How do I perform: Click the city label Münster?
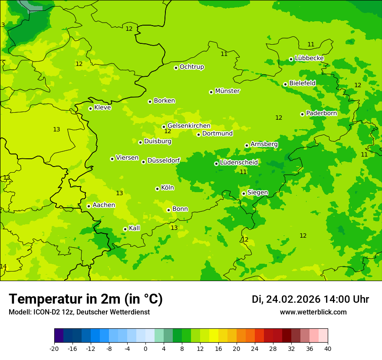pyautogui.click(x=227, y=91)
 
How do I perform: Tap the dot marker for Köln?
pyautogui.click(x=157, y=189)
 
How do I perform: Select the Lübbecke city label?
pyautogui.click(x=309, y=58)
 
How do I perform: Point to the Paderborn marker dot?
pyautogui.click(x=302, y=114)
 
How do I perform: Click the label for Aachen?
pyautogui.click(x=104, y=205)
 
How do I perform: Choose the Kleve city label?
pyautogui.click(x=102, y=108)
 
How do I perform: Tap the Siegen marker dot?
pyautogui.click(x=244, y=193)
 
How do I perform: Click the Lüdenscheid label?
pyautogui.click(x=239, y=163)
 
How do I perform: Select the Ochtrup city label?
pyautogui.click(x=191, y=67)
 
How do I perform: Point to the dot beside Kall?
pyautogui.click(x=125, y=229)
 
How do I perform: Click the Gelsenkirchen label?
pyautogui.click(x=189, y=126)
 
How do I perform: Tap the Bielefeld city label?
pyautogui.click(x=302, y=83)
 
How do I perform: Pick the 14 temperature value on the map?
pyautogui.click(x=3, y=266)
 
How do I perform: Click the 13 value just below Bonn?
pyautogui.click(x=174, y=228)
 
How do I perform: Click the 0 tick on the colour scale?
pyautogui.click(x=145, y=348)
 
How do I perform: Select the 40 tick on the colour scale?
pyautogui.click(x=327, y=348)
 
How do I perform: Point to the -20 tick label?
pyautogui.click(x=54, y=348)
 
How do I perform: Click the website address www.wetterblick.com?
pyautogui.click(x=313, y=312)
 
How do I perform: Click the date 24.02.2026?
pyautogui.click(x=293, y=299)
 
